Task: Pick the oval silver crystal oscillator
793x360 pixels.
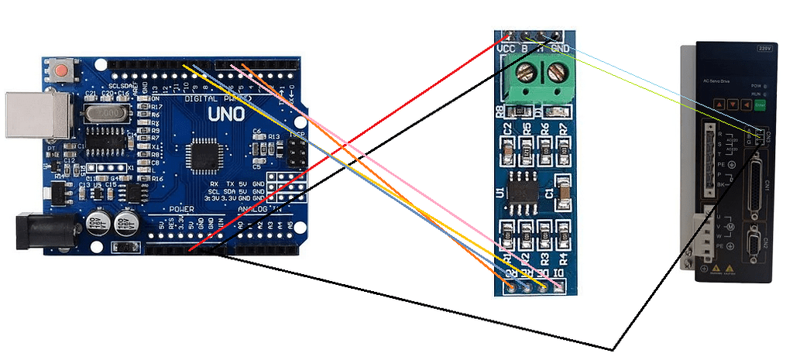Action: (x=109, y=115)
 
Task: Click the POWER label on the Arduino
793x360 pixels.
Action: (x=181, y=209)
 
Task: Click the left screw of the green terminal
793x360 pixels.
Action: (x=526, y=74)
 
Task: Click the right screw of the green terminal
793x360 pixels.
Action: (x=555, y=74)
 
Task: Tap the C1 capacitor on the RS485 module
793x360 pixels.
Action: (x=564, y=189)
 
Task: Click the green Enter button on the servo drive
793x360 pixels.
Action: (x=760, y=103)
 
